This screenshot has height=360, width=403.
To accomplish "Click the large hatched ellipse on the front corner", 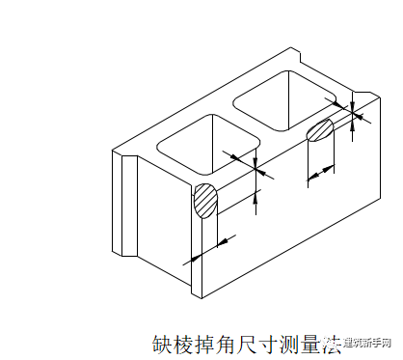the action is point(205,201).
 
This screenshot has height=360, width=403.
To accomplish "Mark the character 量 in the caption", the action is point(310,344).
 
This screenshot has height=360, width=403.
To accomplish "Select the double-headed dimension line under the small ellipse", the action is point(321,172).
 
